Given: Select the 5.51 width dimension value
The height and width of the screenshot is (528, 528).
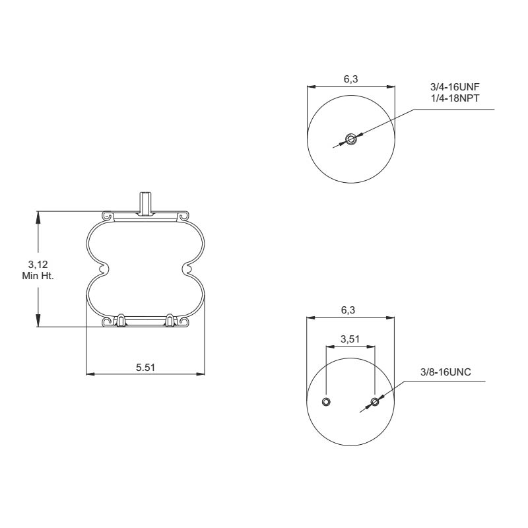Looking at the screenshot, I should pos(145,367).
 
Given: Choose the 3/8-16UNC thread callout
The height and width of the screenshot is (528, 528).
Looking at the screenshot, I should pos(445,373).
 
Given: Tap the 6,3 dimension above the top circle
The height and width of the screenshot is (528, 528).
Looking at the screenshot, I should pos(351,79).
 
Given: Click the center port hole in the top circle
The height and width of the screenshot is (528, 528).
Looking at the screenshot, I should pos(350,139).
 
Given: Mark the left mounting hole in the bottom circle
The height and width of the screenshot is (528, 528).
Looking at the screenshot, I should pos(326,402).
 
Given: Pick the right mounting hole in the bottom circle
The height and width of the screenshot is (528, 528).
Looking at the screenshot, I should pos(375,402).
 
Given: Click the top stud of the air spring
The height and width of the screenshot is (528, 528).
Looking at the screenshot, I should pos(145,202).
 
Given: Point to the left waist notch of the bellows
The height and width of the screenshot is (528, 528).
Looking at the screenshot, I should pos(103,269).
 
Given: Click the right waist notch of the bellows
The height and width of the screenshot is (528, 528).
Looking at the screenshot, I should pos(187,269).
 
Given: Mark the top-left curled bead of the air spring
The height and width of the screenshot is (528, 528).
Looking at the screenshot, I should pos(108,216).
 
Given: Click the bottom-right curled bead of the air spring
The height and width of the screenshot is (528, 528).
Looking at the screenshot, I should pos(183,322).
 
